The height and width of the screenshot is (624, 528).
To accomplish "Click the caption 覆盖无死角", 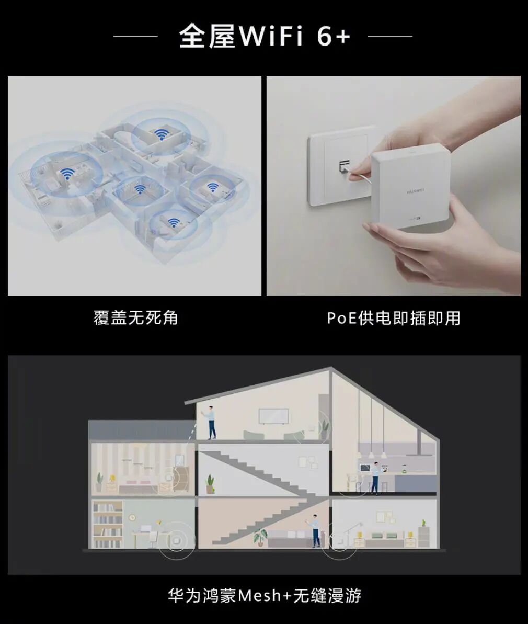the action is coord(136,318).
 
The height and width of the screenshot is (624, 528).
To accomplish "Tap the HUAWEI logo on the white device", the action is coord(416,191).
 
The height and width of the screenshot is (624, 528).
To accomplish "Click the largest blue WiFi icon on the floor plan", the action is coord(67,174).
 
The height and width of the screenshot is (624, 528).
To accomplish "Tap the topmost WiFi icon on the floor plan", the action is coord(160,134).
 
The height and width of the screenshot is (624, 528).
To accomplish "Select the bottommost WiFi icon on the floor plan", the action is coord(173,223).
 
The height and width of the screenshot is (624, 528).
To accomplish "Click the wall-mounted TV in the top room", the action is coord(273,416).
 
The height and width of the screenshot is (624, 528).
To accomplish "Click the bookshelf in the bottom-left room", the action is coord(108,525).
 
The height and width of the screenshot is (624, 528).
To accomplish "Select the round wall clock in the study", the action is coord(132,517).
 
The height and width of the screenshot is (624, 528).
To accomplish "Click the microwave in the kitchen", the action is coord(365,468).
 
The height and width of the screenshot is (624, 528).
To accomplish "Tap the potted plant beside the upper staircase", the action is coord(210,484).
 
